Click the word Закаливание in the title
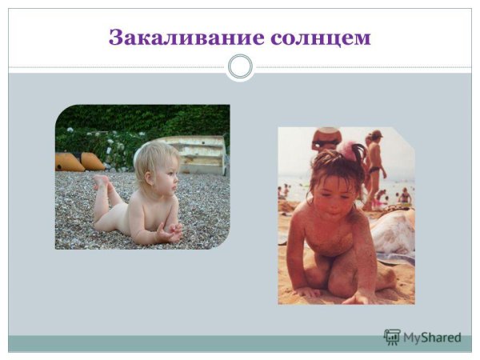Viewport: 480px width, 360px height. pyautogui.click(x=174, y=38)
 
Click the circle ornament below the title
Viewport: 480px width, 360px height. pyautogui.click(x=240, y=66)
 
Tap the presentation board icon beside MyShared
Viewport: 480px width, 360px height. pyautogui.click(x=392, y=338)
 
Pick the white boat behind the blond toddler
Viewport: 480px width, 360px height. pyautogui.click(x=197, y=154)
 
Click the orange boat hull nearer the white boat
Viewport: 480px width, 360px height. pyautogui.click(x=93, y=161)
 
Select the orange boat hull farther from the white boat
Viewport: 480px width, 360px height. pyautogui.click(x=68, y=162)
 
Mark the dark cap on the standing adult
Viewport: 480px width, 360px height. pyautogui.click(x=376, y=134)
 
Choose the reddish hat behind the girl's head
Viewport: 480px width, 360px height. pyautogui.click(x=326, y=138)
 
